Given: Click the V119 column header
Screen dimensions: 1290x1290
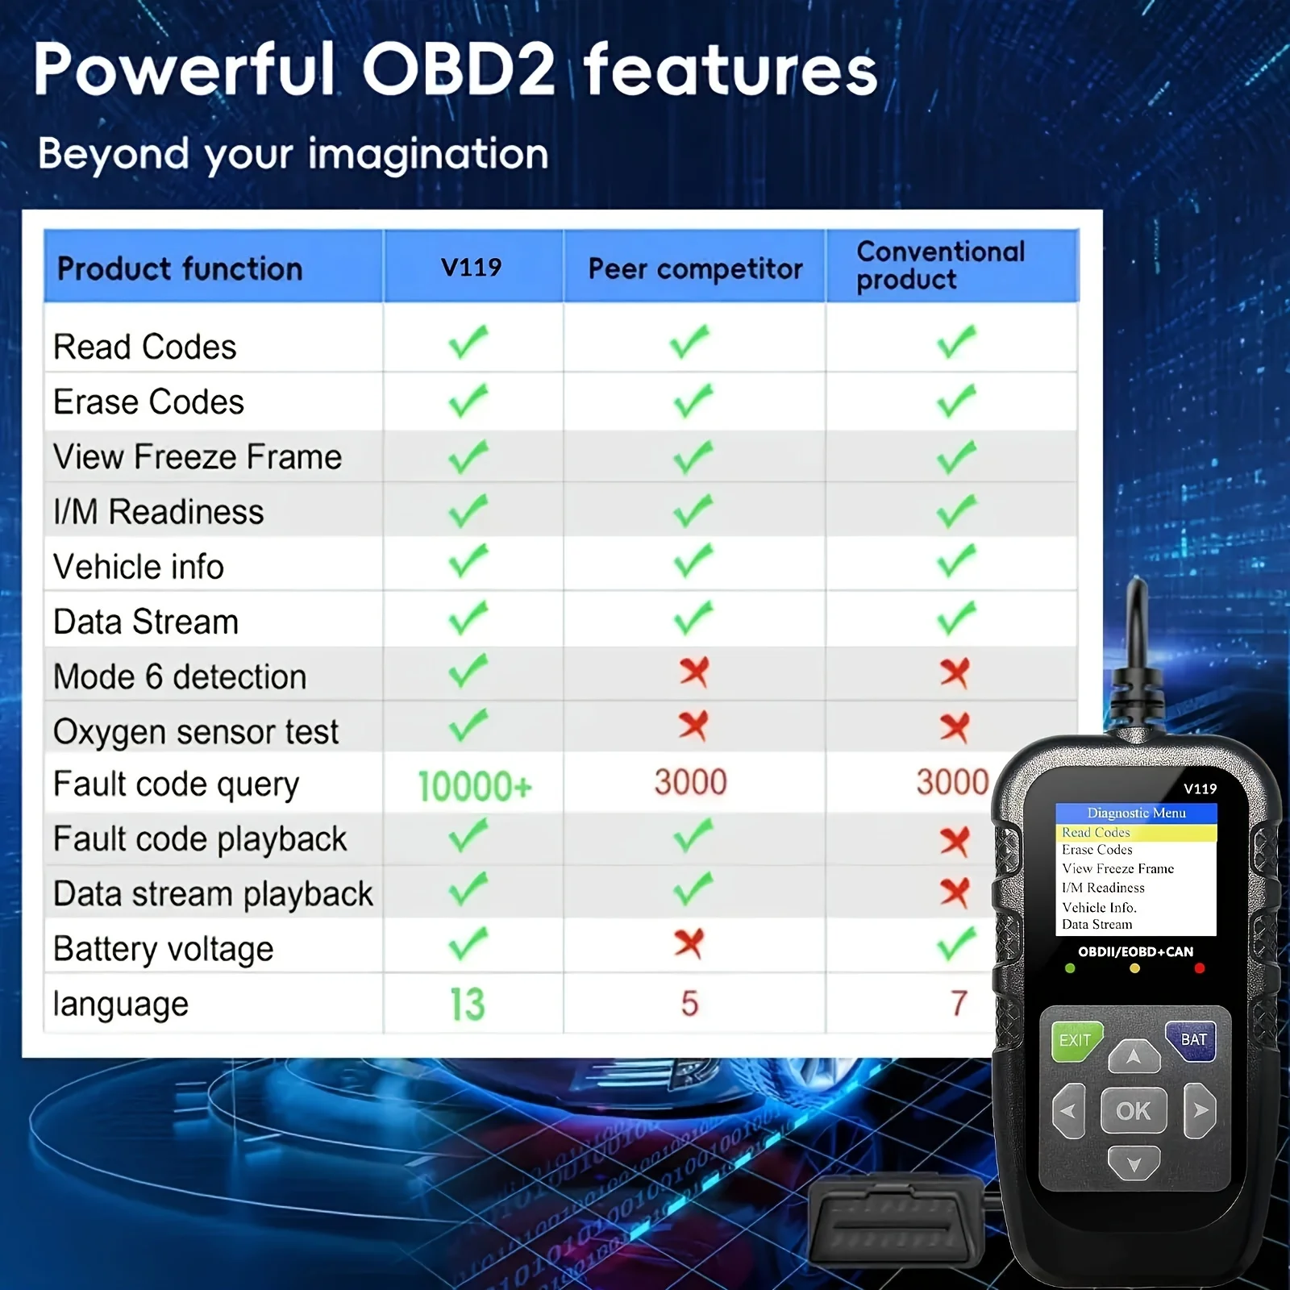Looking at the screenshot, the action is pos(472,267).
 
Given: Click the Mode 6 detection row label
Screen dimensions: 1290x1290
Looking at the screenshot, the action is pos(180,676).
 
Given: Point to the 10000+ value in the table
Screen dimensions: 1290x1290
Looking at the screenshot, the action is pos(475,786).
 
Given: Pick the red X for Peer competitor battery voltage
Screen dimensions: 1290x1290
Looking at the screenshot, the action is pos(689,943).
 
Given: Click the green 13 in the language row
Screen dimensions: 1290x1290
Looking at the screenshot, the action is pos(468,1004).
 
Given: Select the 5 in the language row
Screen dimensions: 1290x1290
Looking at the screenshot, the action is pos(689,1004).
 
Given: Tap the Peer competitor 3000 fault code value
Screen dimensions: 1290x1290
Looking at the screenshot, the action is pos(690,782).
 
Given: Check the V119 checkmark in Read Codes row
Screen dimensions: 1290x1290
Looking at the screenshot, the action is pos(468,342).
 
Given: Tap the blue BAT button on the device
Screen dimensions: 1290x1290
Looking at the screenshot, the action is pos(1192,1040).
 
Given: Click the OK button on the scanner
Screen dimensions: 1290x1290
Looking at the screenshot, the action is pos(1134,1111).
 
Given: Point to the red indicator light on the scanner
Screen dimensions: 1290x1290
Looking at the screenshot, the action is pos(1200,968).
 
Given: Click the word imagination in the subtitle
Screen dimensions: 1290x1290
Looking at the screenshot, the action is pos(428,153).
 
